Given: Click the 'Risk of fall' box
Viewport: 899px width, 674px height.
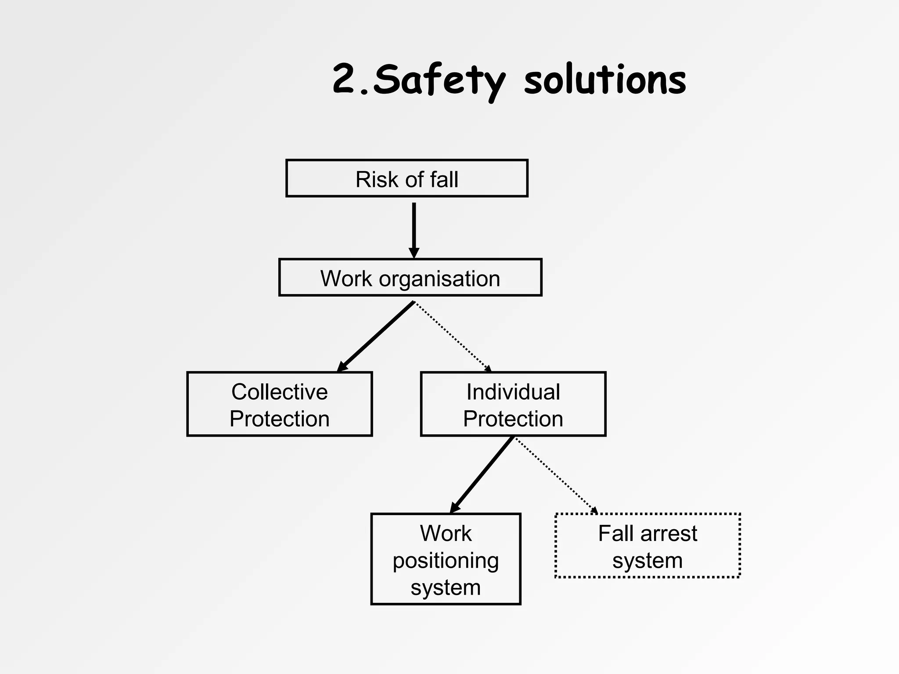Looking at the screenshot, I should pyautogui.click(x=406, y=178).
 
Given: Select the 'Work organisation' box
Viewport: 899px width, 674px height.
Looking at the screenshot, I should pyautogui.click(x=410, y=277).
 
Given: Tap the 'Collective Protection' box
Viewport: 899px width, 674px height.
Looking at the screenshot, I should pyautogui.click(x=279, y=404).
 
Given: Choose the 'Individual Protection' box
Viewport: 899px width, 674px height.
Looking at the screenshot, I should pyautogui.click(x=513, y=404).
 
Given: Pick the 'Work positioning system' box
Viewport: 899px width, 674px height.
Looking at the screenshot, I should pyautogui.click(x=446, y=559).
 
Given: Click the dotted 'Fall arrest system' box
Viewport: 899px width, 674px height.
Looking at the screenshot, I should pyautogui.click(x=647, y=545).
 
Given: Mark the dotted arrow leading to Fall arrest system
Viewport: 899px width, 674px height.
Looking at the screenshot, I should pyautogui.click(x=557, y=475).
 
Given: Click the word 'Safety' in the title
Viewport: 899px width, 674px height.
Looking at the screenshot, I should pyautogui.click(x=439, y=80).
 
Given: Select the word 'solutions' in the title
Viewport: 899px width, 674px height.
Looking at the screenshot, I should pyautogui.click(x=605, y=80).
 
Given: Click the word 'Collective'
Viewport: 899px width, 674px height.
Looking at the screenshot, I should pyautogui.click(x=279, y=391).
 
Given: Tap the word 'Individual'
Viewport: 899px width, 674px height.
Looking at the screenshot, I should pyautogui.click(x=513, y=391).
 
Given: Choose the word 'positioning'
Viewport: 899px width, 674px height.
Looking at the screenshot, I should pyautogui.click(x=446, y=561).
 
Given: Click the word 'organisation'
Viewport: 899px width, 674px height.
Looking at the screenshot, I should pyautogui.click(x=439, y=279).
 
